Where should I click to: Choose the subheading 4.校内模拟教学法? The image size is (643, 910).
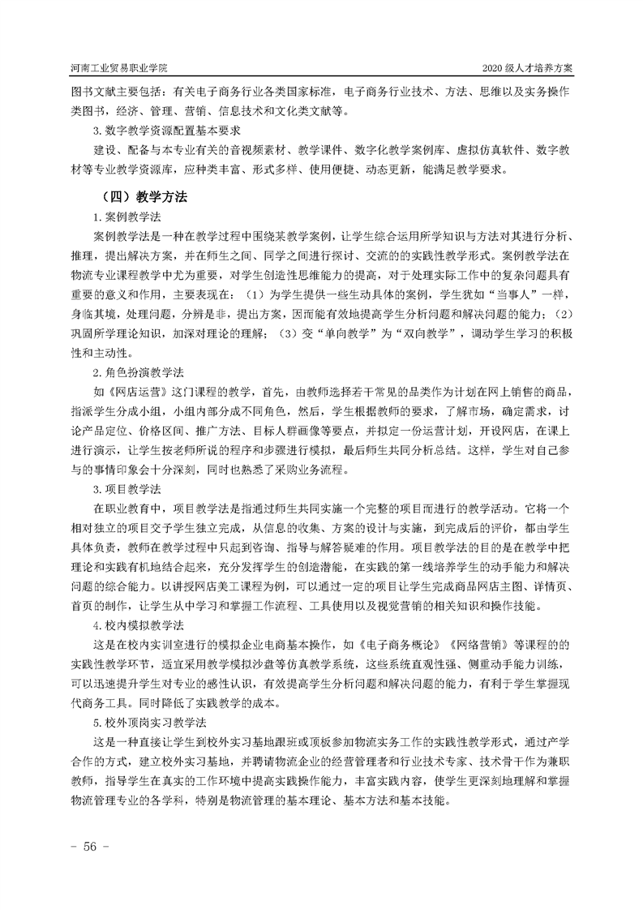coord(139,626)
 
